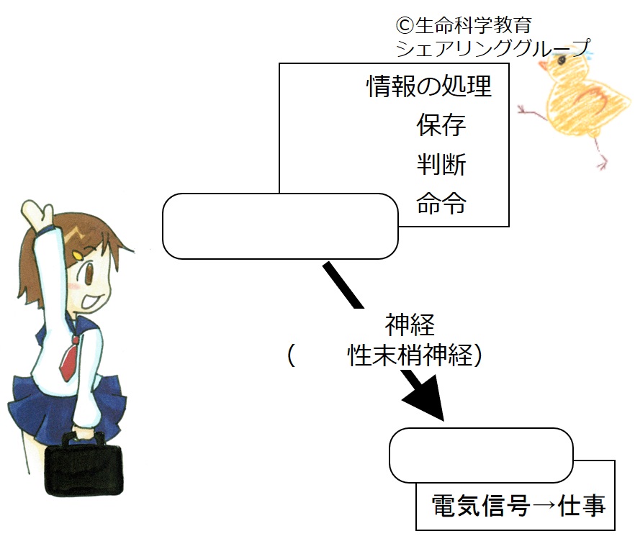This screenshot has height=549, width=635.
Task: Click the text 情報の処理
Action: tap(429, 86)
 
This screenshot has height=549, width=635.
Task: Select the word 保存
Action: tap(441, 124)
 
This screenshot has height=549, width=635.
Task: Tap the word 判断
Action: tap(441, 164)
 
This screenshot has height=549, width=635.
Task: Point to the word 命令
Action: tap(441, 203)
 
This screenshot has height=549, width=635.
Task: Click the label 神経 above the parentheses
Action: tap(410, 325)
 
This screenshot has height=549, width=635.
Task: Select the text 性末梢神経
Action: tap(410, 355)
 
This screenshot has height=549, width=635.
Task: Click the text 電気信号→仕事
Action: tap(519, 506)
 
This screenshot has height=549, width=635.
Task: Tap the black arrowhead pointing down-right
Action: tap(425, 399)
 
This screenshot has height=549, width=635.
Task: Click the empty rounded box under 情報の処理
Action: tap(280, 227)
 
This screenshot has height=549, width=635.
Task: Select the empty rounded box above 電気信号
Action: tap(481, 455)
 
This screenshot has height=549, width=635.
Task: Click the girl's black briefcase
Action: tap(84, 466)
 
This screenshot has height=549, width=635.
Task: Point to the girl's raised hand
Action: tap(37, 214)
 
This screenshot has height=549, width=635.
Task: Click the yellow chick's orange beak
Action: tap(542, 65)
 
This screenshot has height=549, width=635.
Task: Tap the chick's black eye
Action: tap(562, 60)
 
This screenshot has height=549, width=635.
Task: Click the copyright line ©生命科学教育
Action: tap(464, 25)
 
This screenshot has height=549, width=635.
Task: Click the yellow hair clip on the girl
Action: tap(76, 255)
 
